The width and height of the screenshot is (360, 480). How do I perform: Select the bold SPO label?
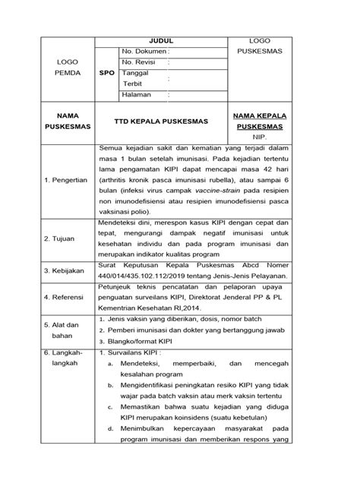pyautogui.click(x=108, y=74)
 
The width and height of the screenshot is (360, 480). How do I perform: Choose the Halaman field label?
pyautogui.click(x=139, y=95)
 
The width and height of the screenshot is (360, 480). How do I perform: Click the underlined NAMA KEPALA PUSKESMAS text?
pyautogui.click(x=275, y=120)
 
